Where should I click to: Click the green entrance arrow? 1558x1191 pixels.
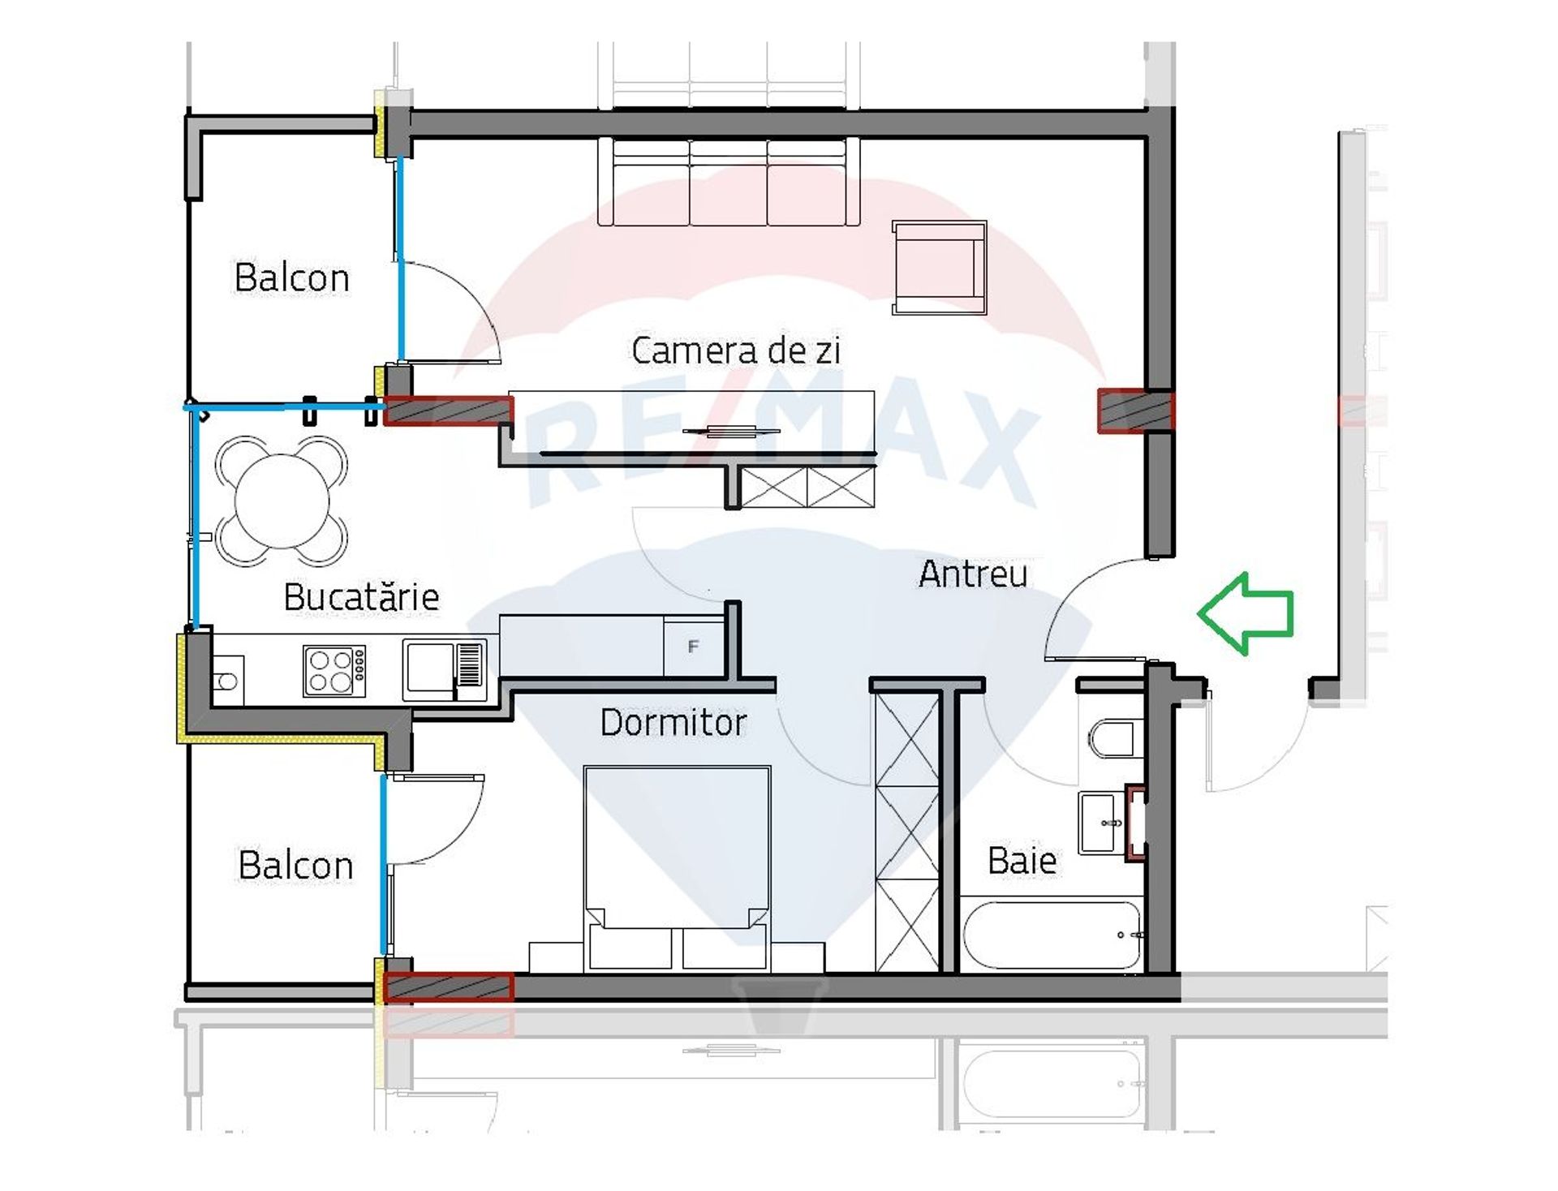point(1245,613)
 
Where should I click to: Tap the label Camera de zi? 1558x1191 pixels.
point(735,350)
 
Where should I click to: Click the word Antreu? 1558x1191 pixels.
point(973,574)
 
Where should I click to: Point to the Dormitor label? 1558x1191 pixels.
point(674,722)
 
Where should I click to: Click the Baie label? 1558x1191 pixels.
point(1022,860)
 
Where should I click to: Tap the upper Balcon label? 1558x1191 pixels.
point(291,277)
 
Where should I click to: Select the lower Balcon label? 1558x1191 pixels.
point(295,865)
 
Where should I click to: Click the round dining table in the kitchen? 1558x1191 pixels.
point(282,501)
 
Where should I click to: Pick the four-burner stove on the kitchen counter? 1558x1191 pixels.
point(334,671)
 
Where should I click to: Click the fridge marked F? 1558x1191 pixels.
point(694,646)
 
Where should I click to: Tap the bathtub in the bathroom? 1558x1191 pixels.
point(1052,935)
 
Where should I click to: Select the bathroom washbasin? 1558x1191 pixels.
point(1102,823)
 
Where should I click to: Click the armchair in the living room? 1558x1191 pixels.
point(939,267)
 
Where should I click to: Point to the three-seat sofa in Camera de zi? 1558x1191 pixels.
point(728,182)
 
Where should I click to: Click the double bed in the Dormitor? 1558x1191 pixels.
point(677,868)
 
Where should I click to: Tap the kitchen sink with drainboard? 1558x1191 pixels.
point(445,670)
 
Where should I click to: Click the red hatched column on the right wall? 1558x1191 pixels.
point(1135,411)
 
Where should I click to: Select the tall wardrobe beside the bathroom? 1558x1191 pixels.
point(907,832)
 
